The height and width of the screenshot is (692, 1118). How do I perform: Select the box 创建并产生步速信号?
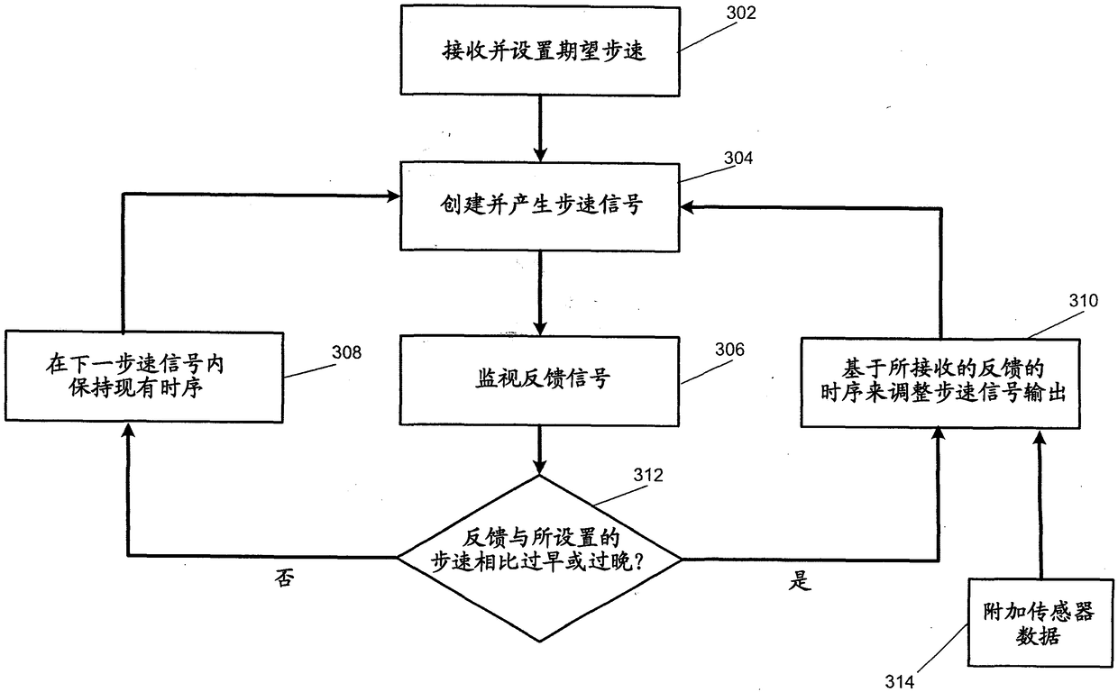539,206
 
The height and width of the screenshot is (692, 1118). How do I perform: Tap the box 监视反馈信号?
539,379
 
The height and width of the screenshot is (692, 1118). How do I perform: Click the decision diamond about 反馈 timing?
539,559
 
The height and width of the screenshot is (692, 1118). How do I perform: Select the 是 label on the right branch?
799,581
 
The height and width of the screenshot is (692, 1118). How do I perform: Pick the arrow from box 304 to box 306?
539,293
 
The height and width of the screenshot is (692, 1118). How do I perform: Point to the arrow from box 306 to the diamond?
539,451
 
